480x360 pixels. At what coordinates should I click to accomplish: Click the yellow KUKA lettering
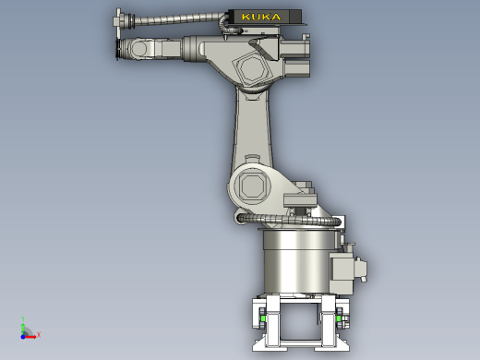pos(261,17)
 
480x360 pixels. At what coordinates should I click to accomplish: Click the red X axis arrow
pos(30,337)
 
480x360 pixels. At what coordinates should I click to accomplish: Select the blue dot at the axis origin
pos(23,337)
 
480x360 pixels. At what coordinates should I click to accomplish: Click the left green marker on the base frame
pos(263,318)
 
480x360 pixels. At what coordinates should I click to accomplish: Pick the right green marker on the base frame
pos(339,318)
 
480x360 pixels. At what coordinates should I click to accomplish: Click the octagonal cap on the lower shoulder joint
pos(253,186)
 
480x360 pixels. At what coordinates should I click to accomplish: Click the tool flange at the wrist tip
pos(118,49)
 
